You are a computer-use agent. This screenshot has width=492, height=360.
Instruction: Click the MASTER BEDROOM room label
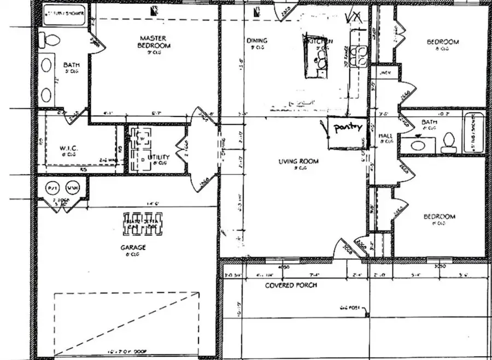[x=154, y=42]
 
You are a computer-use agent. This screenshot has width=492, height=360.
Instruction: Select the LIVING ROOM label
[x=298, y=161]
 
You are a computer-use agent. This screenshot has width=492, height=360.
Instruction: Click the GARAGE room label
[x=133, y=247]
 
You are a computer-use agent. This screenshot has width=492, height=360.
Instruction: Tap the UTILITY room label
[x=159, y=157]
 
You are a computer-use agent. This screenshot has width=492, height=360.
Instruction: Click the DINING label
[x=256, y=40]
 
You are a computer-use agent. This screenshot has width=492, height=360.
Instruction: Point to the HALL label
[x=386, y=136]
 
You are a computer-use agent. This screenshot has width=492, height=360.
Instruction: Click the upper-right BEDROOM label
[x=443, y=42]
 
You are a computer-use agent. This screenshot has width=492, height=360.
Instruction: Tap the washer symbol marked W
[x=142, y=138]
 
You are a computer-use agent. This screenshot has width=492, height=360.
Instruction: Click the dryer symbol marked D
[x=142, y=159]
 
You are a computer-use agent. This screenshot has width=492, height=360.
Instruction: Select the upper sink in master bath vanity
[x=47, y=66]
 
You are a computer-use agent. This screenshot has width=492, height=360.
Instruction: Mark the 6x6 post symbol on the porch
[x=367, y=314]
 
